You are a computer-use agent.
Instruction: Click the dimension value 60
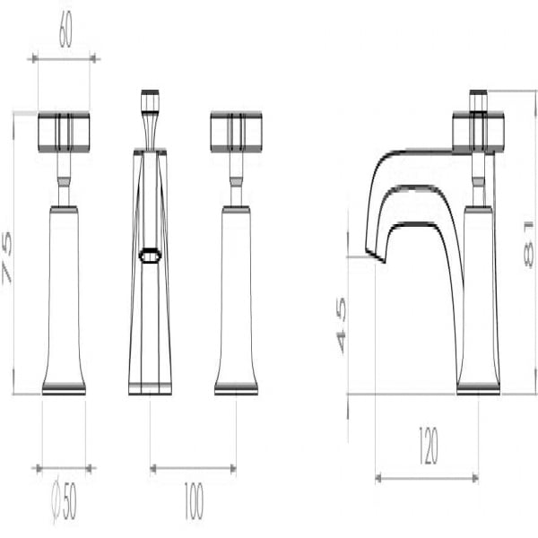[65, 30]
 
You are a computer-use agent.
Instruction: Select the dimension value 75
[7, 257]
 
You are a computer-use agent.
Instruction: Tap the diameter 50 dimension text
[65, 500]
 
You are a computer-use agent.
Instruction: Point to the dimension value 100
[194, 500]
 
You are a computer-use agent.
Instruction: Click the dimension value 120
[429, 445]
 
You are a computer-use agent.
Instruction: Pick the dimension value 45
[342, 325]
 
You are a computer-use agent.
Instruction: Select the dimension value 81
[529, 244]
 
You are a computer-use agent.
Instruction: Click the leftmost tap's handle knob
[64, 132]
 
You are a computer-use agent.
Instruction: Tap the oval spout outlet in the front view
[150, 256]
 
